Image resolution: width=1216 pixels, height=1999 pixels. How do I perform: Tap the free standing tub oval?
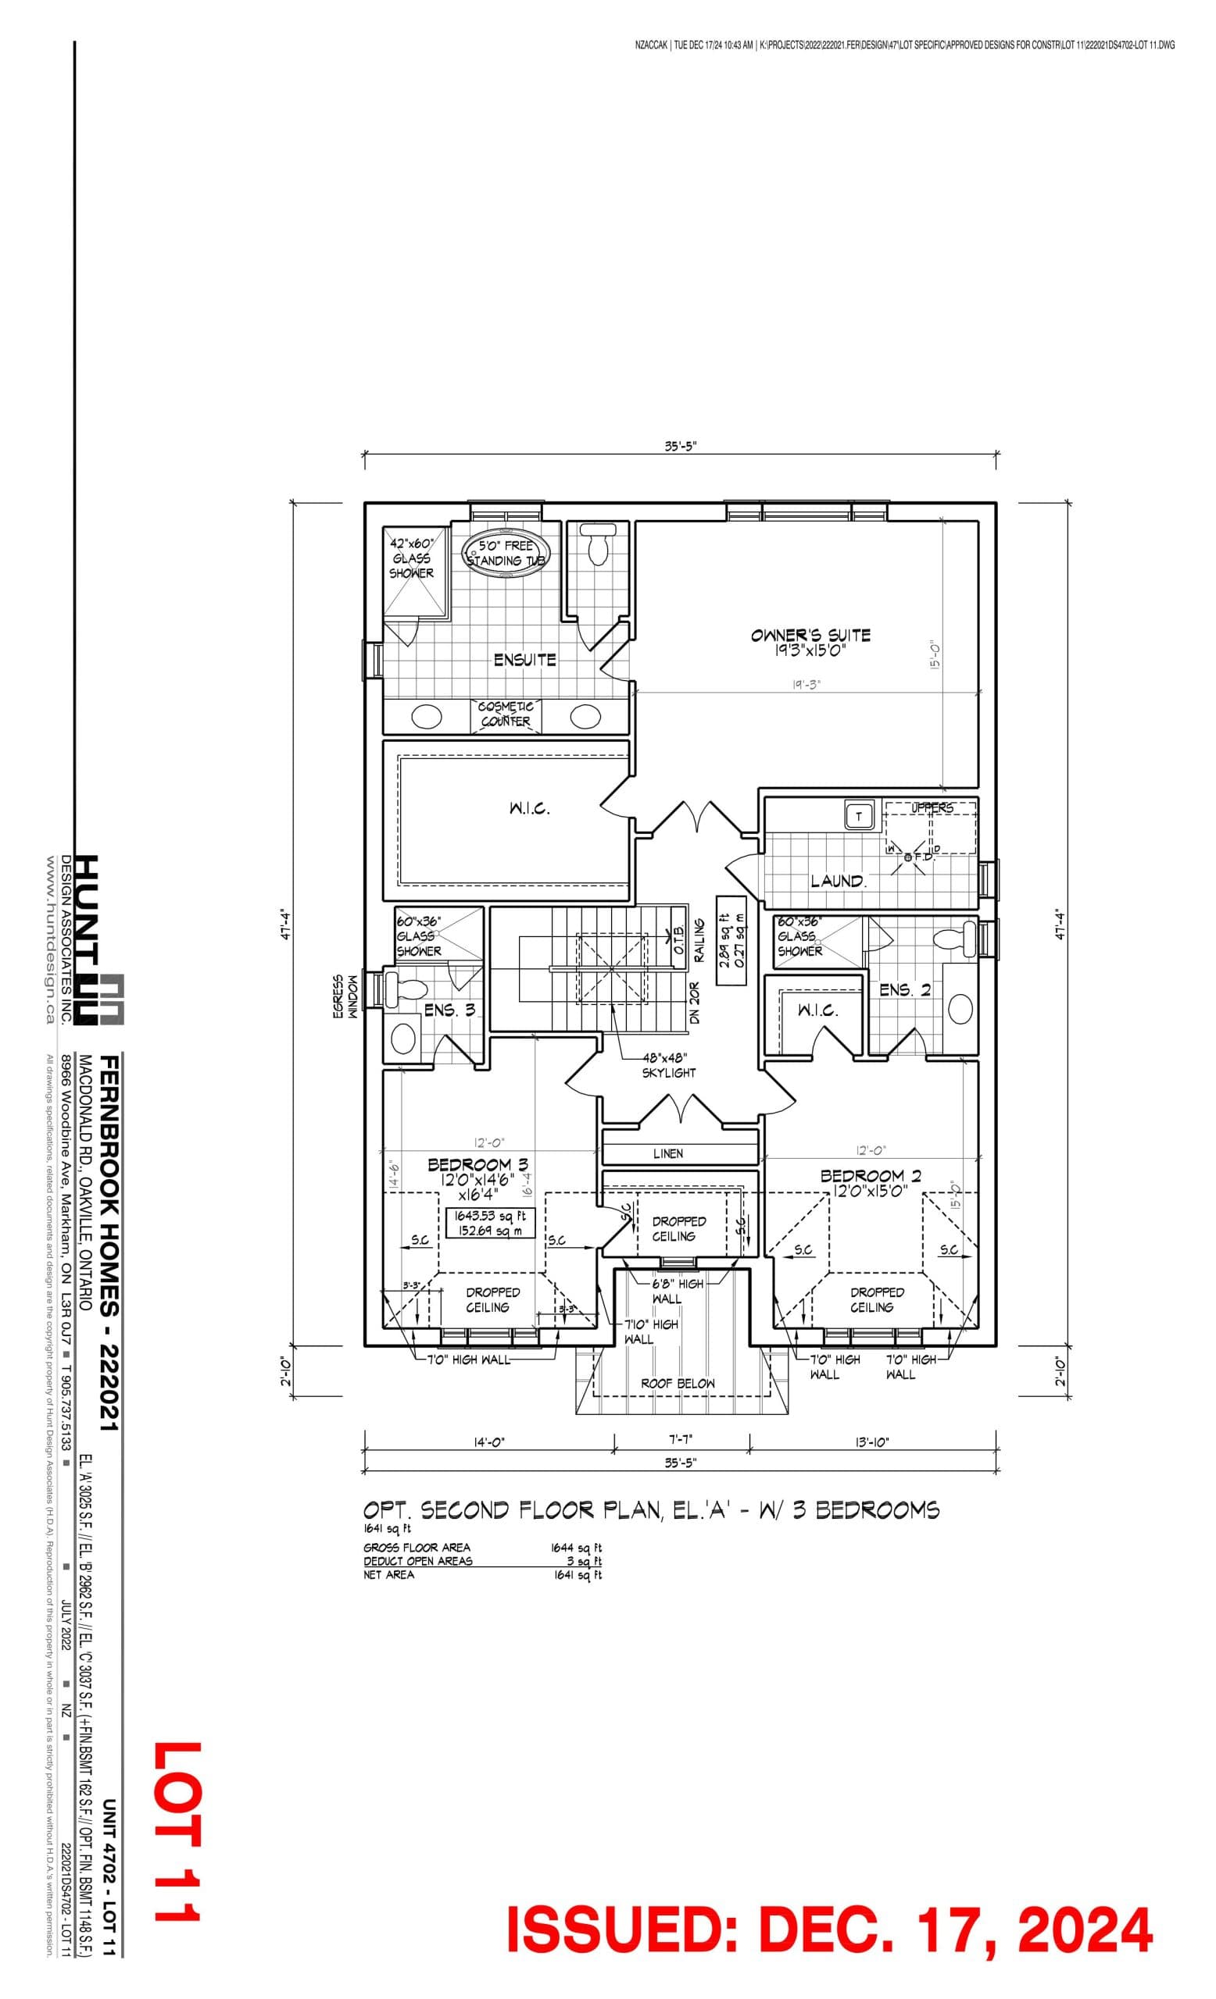point(506,554)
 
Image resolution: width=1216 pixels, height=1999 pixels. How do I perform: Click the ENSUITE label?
point(524,660)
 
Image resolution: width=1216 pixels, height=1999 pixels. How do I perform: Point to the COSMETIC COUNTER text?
point(505,714)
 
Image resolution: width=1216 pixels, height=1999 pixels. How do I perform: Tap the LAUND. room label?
point(837,880)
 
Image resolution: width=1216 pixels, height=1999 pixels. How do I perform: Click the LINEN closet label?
point(667,1153)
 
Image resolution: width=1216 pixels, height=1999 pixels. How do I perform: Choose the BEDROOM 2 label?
point(871,1175)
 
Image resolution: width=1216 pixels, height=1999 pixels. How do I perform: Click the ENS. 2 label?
point(904,991)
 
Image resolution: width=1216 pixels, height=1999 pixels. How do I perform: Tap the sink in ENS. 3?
point(403,1038)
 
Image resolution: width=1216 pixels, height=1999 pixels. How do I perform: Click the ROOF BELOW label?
point(678,1383)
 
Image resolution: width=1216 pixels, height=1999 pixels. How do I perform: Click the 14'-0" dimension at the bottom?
point(488,1441)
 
